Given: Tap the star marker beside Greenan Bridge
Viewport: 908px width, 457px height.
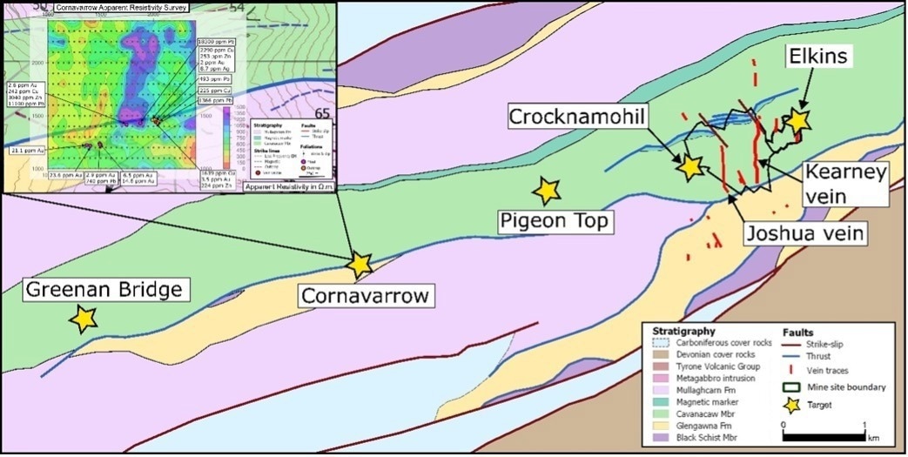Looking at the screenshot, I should click(x=84, y=319).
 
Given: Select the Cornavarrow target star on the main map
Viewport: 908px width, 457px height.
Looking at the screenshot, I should click(x=359, y=263).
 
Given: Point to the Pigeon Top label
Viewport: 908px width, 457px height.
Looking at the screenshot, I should click(x=554, y=222).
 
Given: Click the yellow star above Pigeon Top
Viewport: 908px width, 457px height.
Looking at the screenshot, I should click(x=546, y=191).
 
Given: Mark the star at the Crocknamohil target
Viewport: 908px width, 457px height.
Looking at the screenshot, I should click(x=689, y=167).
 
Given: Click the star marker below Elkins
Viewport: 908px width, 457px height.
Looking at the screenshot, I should click(x=798, y=123).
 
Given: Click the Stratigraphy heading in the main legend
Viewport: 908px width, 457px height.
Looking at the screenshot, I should click(x=683, y=332).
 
